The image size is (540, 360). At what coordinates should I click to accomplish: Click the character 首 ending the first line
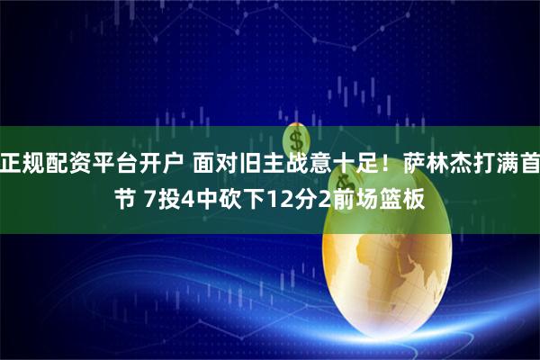click(529, 163)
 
